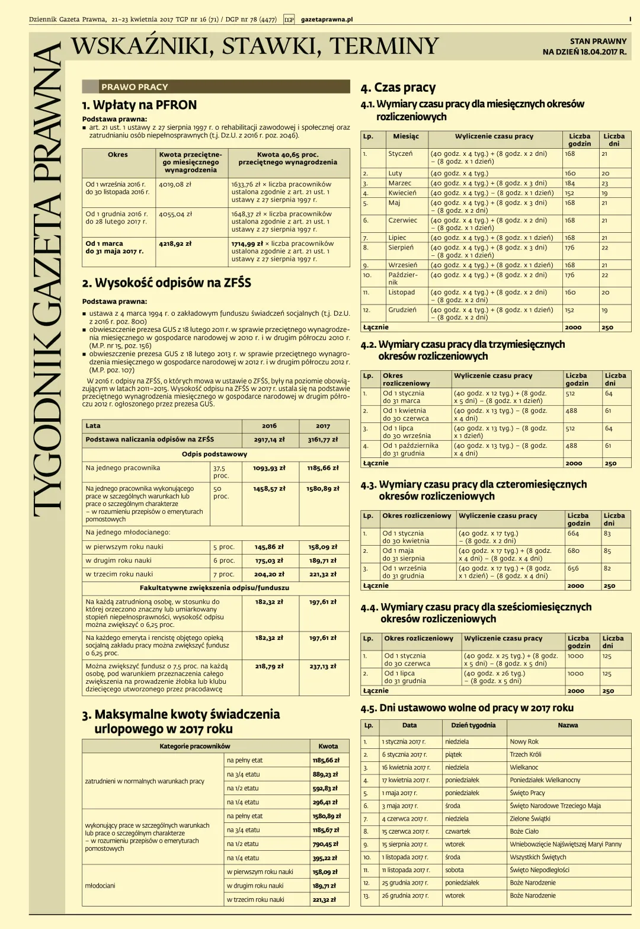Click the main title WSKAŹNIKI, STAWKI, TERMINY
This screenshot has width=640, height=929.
tap(255, 46)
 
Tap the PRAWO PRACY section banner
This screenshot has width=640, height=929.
tap(135, 87)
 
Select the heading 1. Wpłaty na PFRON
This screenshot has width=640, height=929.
tap(139, 105)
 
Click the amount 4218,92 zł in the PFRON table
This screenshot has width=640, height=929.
tap(175, 244)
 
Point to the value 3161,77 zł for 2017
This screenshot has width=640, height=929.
tap(322, 440)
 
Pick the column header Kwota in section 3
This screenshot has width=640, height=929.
tap(328, 746)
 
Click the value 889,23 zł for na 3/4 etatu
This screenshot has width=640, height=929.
tap(326, 774)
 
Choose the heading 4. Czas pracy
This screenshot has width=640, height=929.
tap(398, 88)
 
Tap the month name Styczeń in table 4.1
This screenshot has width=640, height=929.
tap(400, 153)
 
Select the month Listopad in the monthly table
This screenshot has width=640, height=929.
tap(401, 292)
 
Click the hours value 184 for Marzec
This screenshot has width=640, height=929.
tap(570, 183)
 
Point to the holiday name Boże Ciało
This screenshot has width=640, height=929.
tap(524, 831)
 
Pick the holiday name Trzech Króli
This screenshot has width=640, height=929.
tap(526, 754)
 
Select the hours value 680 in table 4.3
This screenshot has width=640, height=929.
tap(573, 550)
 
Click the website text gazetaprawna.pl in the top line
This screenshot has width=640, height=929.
tap(327, 20)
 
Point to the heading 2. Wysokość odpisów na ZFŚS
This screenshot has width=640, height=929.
tap(167, 283)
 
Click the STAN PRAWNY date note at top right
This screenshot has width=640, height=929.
tap(584, 46)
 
